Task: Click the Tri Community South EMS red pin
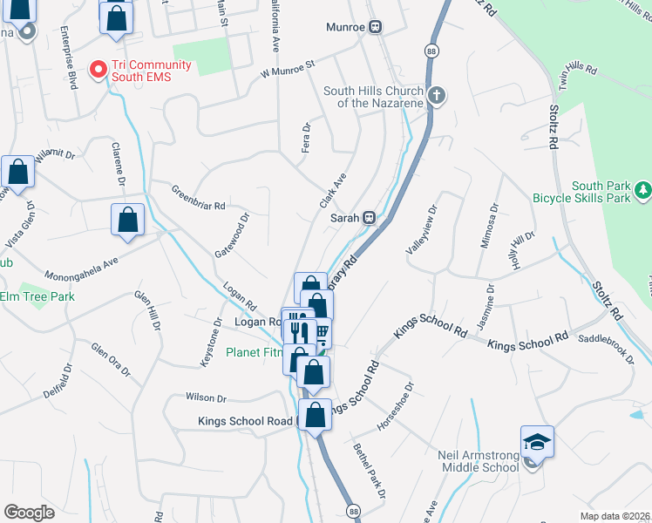pos(98,66)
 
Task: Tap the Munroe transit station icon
pos(376,27)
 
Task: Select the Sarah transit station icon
pos(370,217)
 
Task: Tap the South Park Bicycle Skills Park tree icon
pos(642,188)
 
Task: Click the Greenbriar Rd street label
pos(198,198)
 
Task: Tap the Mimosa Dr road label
pos(487,226)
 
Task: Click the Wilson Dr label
pos(206,397)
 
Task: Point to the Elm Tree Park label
pos(37,296)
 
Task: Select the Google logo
pos(30,512)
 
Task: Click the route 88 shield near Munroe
pos(432,52)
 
